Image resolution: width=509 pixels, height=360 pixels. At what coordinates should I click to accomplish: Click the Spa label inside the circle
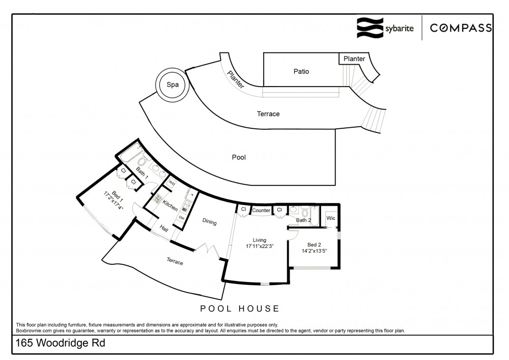173,85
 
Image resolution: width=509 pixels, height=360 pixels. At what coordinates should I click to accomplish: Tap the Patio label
301,71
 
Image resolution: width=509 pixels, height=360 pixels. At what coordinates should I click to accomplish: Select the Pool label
239,157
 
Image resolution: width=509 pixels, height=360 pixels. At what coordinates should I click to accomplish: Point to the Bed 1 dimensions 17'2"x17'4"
114,201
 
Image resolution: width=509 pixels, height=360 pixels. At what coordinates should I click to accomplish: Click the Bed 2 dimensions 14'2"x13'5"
314,251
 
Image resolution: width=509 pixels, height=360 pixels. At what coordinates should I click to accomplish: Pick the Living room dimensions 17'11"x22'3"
260,246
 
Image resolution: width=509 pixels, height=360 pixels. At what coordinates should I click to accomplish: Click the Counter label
261,210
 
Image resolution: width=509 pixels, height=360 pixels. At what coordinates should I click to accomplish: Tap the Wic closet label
331,218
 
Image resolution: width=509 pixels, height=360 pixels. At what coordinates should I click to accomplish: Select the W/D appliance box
172,183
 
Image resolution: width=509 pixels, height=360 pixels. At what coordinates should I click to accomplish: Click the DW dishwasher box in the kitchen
182,218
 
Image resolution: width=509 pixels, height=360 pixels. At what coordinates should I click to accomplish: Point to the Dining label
209,221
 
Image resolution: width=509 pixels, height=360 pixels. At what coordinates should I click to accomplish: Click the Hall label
164,229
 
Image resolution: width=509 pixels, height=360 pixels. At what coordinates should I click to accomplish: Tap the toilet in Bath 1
141,161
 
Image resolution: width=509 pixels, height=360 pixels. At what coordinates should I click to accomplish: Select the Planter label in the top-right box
354,59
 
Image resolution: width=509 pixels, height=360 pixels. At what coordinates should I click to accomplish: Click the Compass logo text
461,28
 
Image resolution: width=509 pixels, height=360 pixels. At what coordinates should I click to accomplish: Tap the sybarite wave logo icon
370,28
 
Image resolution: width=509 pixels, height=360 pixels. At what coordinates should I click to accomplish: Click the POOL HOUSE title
240,309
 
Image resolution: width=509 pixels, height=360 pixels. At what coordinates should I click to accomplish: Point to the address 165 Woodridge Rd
61,343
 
